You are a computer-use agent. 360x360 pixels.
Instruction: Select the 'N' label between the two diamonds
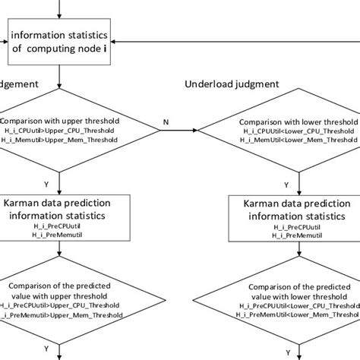[166, 121]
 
